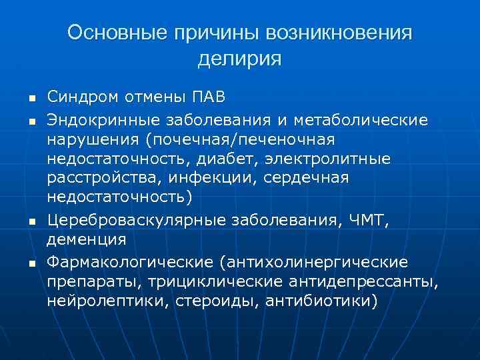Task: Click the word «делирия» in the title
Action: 239,58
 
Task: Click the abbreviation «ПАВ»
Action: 209,97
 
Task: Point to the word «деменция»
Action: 89,238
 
